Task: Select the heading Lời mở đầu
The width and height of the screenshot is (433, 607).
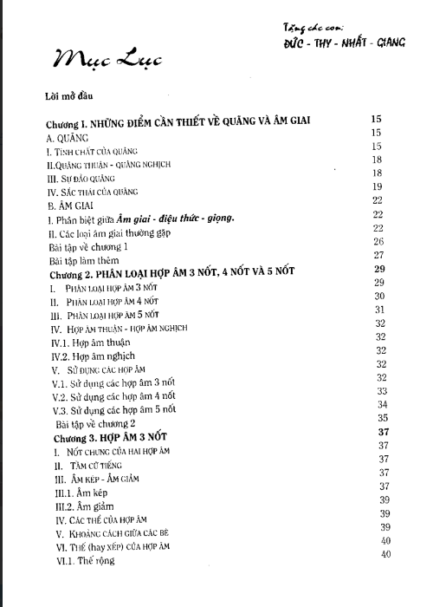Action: click(x=65, y=95)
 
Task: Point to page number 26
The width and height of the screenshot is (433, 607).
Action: click(x=378, y=240)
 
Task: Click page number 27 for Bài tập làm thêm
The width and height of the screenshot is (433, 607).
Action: click(x=378, y=254)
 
